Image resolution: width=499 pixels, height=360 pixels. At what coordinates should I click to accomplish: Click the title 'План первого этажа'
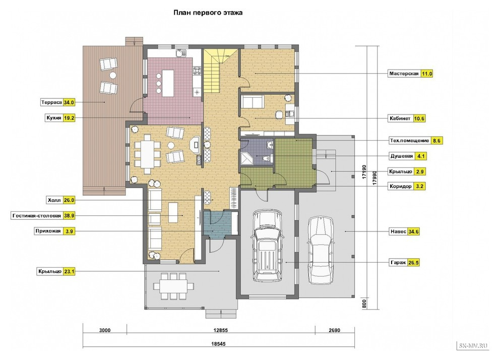click(x=208, y=13)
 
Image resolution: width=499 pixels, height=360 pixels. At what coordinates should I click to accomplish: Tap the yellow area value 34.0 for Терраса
click(x=69, y=102)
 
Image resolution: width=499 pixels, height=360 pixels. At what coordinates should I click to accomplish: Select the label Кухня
click(x=54, y=118)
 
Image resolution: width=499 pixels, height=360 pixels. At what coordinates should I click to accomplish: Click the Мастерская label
click(x=404, y=74)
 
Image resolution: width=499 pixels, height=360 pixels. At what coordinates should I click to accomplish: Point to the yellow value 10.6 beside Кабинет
click(x=419, y=118)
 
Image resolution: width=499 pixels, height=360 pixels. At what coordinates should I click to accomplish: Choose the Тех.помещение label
click(x=410, y=140)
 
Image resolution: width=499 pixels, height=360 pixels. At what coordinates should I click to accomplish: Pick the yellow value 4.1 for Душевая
click(x=421, y=156)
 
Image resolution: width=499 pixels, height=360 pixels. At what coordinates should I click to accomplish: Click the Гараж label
click(x=398, y=263)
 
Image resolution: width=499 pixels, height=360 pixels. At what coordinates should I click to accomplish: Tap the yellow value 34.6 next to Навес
click(x=413, y=231)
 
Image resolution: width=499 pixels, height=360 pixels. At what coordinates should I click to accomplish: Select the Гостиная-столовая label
click(x=37, y=215)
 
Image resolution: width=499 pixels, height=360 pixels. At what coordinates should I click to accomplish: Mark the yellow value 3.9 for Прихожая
click(x=69, y=231)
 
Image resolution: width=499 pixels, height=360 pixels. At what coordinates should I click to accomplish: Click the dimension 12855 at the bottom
click(x=221, y=330)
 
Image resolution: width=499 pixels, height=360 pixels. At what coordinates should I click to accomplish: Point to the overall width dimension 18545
click(x=218, y=344)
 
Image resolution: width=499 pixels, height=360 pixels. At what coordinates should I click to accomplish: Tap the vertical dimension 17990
click(x=374, y=178)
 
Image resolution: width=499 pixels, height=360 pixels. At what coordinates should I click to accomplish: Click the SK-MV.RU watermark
click(x=473, y=346)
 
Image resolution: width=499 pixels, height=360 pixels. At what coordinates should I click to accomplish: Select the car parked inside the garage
click(x=268, y=246)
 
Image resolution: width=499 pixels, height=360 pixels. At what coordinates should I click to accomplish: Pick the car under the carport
click(x=321, y=250)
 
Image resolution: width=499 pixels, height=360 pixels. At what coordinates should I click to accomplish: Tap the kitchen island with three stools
click(x=168, y=83)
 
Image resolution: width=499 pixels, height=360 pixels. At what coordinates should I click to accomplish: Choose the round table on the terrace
click(x=113, y=76)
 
